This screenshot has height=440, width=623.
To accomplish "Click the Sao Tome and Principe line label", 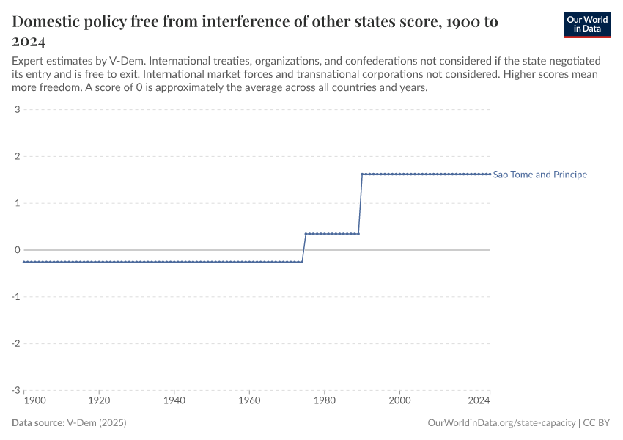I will pos(540,175).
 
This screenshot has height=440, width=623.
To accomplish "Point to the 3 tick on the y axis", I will pos(16,110).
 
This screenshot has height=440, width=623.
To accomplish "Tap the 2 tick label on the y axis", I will pos(16,156).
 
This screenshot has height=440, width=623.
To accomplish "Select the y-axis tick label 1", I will pos(16,203).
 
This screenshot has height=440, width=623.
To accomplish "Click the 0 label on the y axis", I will pos(16,250).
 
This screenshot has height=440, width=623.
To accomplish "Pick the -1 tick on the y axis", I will pos(15,297).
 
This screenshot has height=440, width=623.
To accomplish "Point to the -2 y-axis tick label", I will pos(15,343).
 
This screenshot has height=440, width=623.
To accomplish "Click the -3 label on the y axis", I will pos(15,390).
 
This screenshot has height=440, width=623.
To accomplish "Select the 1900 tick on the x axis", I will pos(35,401).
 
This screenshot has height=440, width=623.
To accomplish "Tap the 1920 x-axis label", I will pos(99,401).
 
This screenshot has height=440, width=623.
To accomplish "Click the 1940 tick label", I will pos(174,401).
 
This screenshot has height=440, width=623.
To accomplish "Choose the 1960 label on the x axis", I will pos(249,401).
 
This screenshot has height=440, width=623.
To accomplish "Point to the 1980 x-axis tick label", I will pos(324,401).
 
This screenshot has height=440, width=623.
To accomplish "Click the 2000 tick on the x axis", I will pos(399,401).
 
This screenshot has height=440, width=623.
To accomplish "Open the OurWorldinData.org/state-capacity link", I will pos(501,423).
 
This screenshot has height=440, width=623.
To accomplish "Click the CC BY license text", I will pos(597,423).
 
